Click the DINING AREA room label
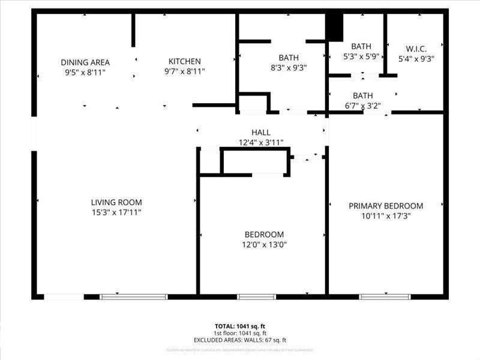point(85,62)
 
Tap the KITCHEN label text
point(184,61)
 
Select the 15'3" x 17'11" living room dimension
point(116,212)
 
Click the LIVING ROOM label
point(116,202)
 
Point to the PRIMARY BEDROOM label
point(386,205)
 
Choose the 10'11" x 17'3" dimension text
point(386,215)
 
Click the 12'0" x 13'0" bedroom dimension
point(264,244)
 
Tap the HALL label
point(260,132)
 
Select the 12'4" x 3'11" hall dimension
point(260,142)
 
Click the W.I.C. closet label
point(416,49)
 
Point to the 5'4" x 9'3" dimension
point(416,59)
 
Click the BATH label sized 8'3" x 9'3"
point(289,58)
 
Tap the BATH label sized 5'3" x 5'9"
point(361,46)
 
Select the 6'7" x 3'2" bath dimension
point(362,106)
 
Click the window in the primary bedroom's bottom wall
point(385,296)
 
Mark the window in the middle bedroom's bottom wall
point(256,296)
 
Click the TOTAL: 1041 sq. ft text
point(240,326)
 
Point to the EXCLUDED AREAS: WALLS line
point(240,340)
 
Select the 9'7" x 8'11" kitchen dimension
point(184,71)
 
